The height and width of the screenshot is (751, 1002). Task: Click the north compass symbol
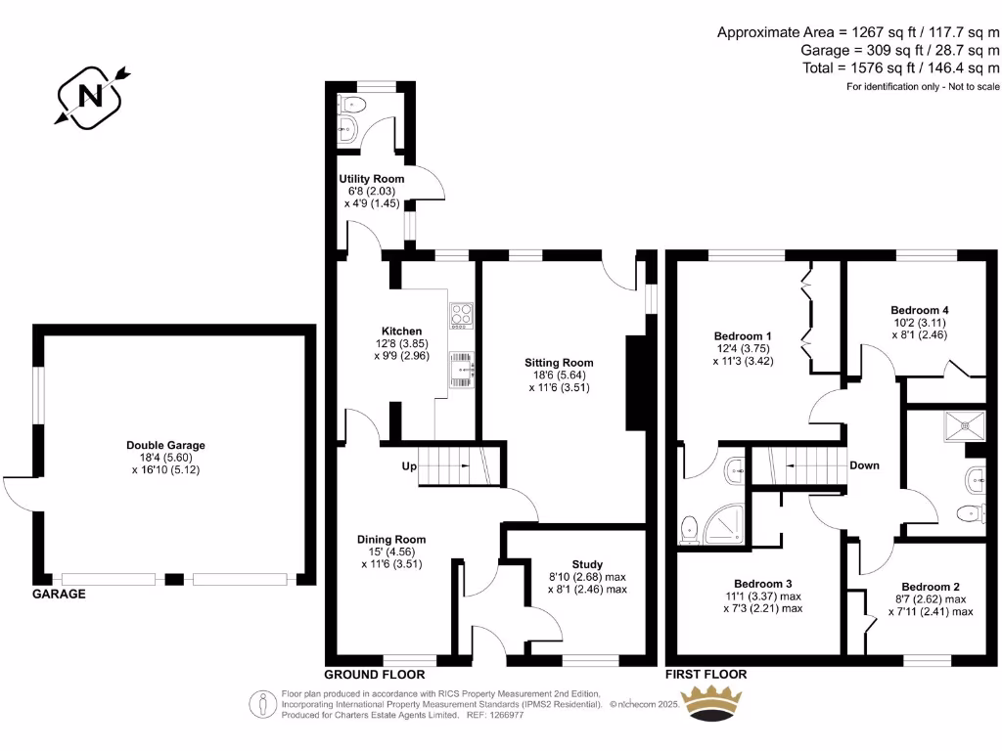[x=91, y=95]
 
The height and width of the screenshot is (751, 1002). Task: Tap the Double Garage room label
[x=165, y=445]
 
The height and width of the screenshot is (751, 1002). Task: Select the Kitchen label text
[x=402, y=331]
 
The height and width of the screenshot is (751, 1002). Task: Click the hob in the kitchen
[x=460, y=315]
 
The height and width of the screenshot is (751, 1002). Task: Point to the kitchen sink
[x=460, y=369]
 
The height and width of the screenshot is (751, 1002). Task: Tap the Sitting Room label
[x=559, y=363]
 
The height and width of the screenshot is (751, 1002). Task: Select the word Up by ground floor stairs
[x=408, y=466]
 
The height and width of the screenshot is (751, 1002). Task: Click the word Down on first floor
[x=864, y=465]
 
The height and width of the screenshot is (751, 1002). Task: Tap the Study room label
[x=587, y=564]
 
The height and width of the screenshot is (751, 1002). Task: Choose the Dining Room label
[x=391, y=539]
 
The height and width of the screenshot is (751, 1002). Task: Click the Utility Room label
[x=371, y=179]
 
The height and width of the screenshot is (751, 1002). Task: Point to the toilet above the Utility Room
[x=352, y=106]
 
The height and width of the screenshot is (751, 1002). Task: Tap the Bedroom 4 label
[x=920, y=310]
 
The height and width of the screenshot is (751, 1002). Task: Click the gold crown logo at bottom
[x=712, y=703]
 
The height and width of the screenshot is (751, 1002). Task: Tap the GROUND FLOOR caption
[x=375, y=675]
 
